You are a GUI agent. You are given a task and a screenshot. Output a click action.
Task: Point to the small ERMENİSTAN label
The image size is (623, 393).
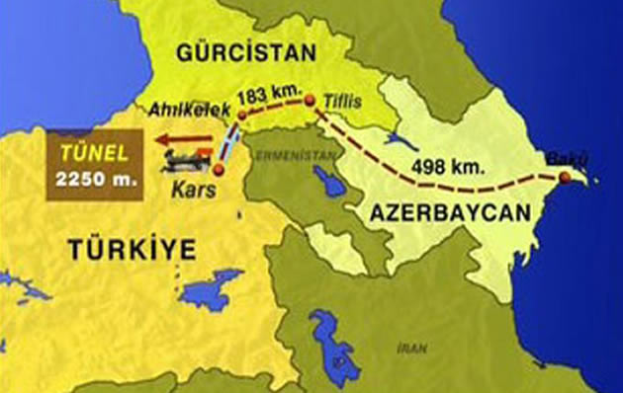click(x=283, y=154)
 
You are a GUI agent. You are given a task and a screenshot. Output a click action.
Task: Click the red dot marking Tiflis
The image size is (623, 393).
click(x=310, y=100)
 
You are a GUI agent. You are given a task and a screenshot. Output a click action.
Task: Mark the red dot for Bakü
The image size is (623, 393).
click(x=564, y=178)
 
